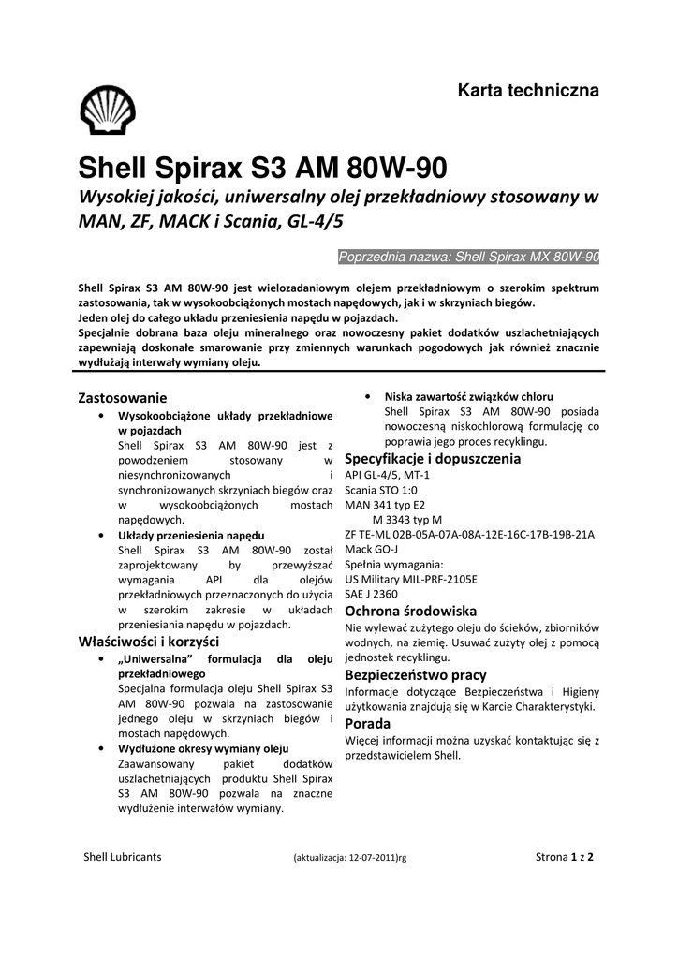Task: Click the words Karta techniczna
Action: click(x=527, y=91)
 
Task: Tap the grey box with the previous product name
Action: click(x=467, y=257)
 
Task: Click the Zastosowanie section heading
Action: click(x=122, y=397)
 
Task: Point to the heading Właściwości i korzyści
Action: click(x=148, y=642)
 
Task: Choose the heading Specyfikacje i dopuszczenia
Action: click(x=433, y=459)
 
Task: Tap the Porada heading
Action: click(x=368, y=724)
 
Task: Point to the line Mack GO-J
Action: click(x=372, y=549)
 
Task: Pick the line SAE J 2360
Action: click(x=372, y=594)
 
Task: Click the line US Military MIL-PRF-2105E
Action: click(x=411, y=579)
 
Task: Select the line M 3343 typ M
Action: click(x=407, y=520)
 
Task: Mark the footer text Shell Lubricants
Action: click(x=123, y=856)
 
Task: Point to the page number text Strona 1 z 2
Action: click(x=566, y=856)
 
